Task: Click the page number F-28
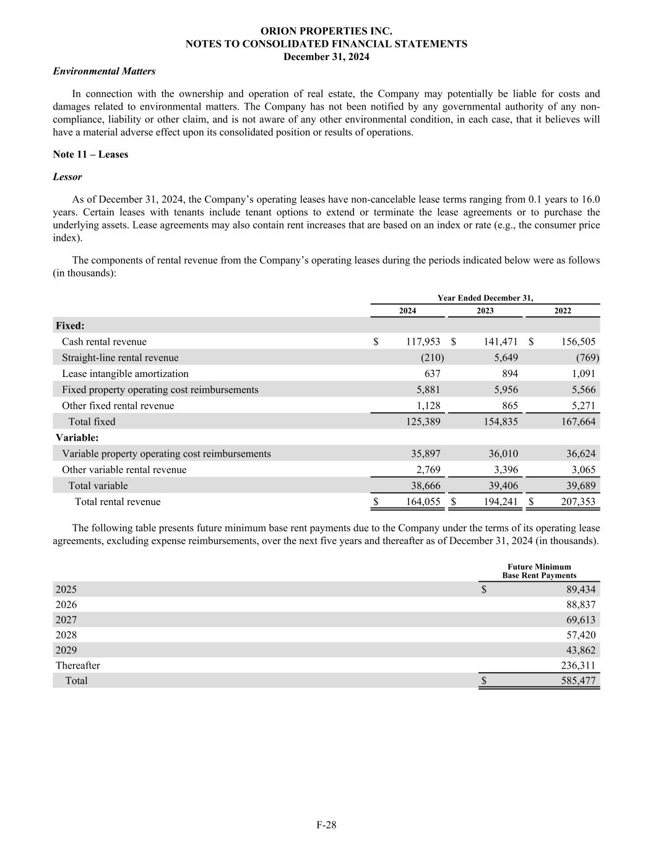point(326,825)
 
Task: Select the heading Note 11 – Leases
point(90,155)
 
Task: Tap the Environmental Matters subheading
point(104,71)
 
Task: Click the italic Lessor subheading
point(67,177)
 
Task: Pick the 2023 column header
point(485,311)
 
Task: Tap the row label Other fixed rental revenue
point(118,406)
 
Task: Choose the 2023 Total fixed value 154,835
point(501,422)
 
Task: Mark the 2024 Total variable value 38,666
point(426,486)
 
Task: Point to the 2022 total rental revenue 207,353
point(578,502)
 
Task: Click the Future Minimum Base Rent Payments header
point(539,571)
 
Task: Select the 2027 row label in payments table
point(66,620)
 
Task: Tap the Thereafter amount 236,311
point(577,665)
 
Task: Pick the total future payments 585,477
point(577,681)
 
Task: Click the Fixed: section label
point(70,326)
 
